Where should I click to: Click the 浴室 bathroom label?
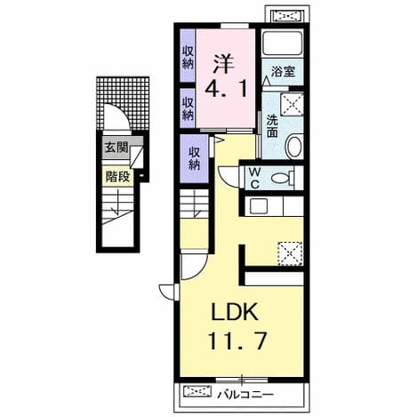(x=283, y=72)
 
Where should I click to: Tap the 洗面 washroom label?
(x=272, y=126)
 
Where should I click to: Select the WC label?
(x=254, y=178)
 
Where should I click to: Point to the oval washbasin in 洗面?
(x=294, y=146)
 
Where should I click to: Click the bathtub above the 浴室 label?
(x=283, y=44)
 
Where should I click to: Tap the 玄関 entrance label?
(x=116, y=147)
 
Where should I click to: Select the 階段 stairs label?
(x=118, y=177)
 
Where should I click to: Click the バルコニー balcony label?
(x=245, y=395)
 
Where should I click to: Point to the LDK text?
(x=234, y=312)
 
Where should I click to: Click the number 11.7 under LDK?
(x=237, y=341)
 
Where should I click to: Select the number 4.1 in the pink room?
(x=226, y=90)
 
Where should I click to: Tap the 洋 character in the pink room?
(x=224, y=63)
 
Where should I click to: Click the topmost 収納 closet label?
(x=188, y=58)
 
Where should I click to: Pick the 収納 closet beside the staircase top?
(x=194, y=158)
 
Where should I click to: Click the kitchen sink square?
(x=259, y=206)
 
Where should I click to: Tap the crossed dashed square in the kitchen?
(x=290, y=253)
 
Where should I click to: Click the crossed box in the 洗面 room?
(x=292, y=104)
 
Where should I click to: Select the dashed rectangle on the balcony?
(x=197, y=391)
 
